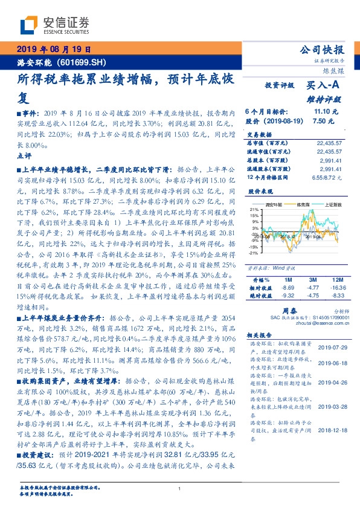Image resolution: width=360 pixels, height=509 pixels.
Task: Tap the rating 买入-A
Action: click(319, 86)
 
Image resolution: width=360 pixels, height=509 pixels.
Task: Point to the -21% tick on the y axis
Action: click(253, 253)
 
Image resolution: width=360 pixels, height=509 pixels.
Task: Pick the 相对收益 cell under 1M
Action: click(287, 288)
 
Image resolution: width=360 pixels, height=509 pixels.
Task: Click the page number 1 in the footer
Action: click(180, 488)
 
